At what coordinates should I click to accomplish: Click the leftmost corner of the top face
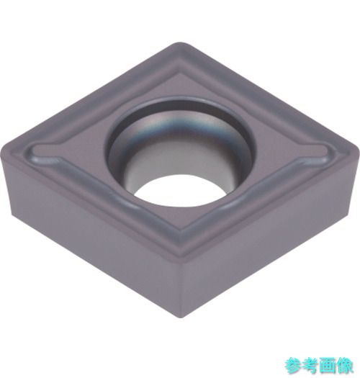(2, 150)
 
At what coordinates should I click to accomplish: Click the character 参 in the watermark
(293, 366)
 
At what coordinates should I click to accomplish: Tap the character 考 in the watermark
(310, 366)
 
